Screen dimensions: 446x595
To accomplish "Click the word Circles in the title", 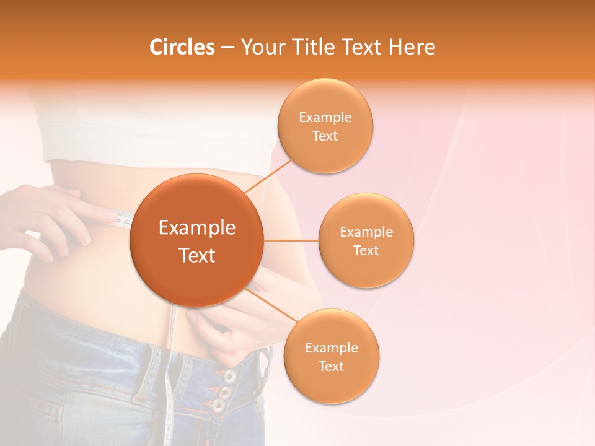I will [x=182, y=47].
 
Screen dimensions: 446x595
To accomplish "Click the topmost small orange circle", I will [x=325, y=126].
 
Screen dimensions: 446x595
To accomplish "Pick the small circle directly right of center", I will [x=366, y=240].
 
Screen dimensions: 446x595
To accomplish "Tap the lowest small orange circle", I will [x=331, y=356].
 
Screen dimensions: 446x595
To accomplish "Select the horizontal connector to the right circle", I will [x=291, y=240].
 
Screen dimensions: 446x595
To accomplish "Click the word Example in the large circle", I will [x=197, y=228].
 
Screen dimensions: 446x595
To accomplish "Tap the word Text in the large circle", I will [x=197, y=255].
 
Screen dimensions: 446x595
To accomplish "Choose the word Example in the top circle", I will [x=325, y=117].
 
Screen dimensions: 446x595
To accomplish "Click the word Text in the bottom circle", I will [x=331, y=366].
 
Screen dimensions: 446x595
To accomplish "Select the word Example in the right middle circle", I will [x=366, y=232].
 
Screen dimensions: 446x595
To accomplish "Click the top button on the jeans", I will [x=229, y=376].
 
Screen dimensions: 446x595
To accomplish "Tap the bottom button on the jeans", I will [x=218, y=406].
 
